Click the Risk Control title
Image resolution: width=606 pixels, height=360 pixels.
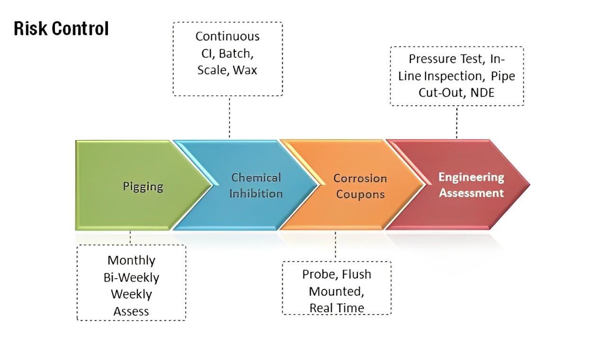pyautogui.click(x=61, y=29)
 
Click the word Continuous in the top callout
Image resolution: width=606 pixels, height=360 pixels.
pyautogui.click(x=227, y=36)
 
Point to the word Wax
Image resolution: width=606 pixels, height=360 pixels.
pyautogui.click(x=248, y=70)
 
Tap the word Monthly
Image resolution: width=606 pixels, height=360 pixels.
pyautogui.click(x=131, y=260)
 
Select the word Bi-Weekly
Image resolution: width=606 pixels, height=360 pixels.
pyautogui.click(x=131, y=277)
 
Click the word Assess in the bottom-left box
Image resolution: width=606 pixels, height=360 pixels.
pyautogui.click(x=131, y=311)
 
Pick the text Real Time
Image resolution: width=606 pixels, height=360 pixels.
pyautogui.click(x=337, y=308)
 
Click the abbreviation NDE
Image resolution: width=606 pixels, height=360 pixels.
pyautogui.click(x=482, y=92)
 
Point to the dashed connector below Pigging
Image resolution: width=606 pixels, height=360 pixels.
pyautogui.click(x=131, y=237)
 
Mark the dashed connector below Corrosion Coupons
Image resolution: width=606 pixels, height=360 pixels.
pyautogui.click(x=336, y=246)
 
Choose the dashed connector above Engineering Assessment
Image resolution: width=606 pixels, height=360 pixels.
pyautogui.click(x=457, y=122)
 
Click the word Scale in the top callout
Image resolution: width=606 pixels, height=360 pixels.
pyautogui.click(x=212, y=70)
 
